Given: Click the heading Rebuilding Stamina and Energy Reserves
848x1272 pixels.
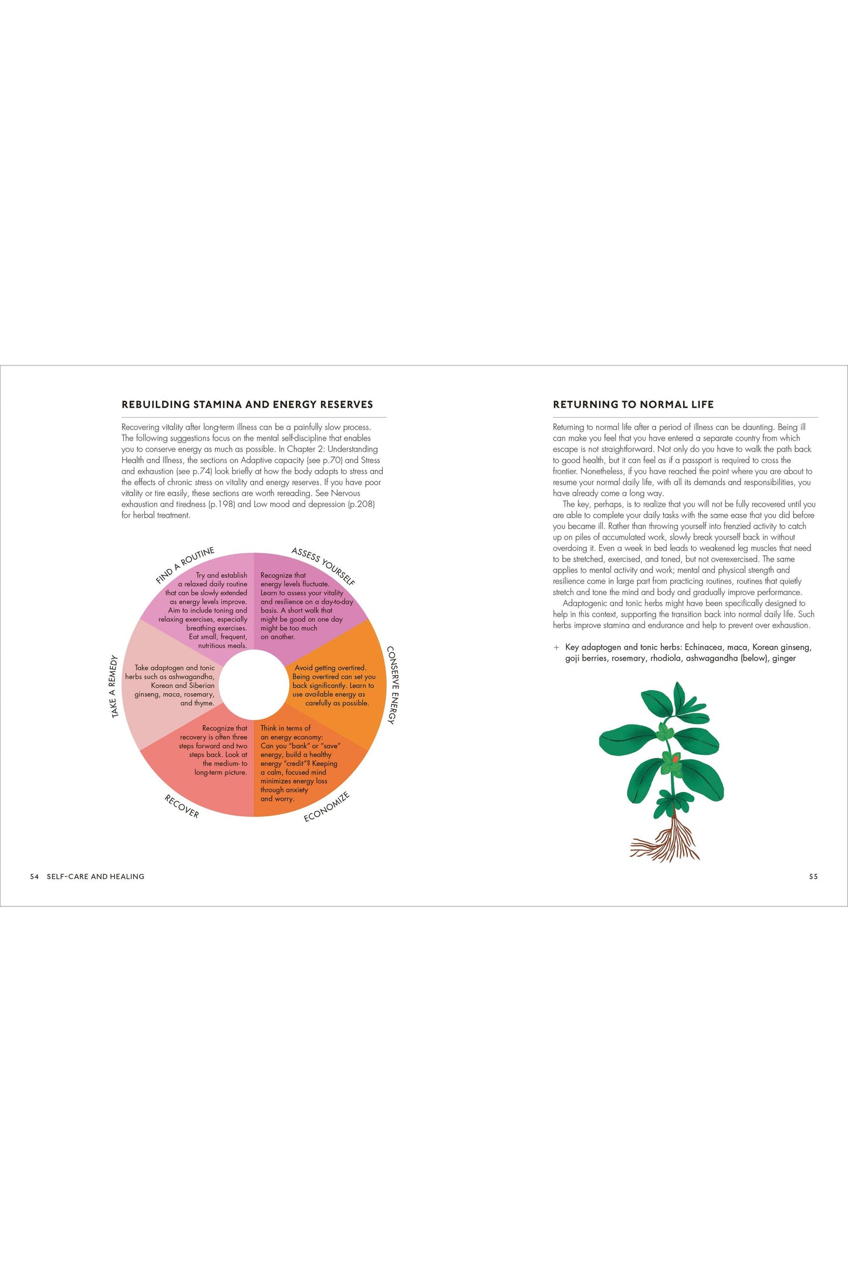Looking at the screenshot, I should click(247, 404).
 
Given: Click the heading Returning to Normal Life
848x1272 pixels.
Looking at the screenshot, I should click(633, 404).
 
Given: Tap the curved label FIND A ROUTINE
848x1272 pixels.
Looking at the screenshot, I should click(185, 565).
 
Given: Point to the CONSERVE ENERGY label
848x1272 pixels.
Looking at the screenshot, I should click(392, 685).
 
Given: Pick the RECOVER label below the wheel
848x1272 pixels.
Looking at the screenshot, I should click(181, 806).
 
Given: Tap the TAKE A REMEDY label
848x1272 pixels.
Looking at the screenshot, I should click(114, 686).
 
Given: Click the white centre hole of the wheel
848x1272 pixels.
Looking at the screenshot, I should click(254, 685).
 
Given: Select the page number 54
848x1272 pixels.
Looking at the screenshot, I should click(34, 877).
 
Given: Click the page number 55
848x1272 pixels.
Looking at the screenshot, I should click(813, 877).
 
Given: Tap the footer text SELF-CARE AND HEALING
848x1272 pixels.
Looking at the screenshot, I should click(96, 877).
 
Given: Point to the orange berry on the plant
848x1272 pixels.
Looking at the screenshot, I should click(675, 759).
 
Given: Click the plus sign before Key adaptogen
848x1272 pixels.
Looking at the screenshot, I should click(556, 648).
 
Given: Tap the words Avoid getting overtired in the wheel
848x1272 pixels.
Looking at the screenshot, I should click(330, 668).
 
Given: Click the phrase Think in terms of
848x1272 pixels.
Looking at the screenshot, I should click(285, 728).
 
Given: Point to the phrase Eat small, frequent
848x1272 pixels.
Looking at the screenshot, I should click(218, 637).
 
